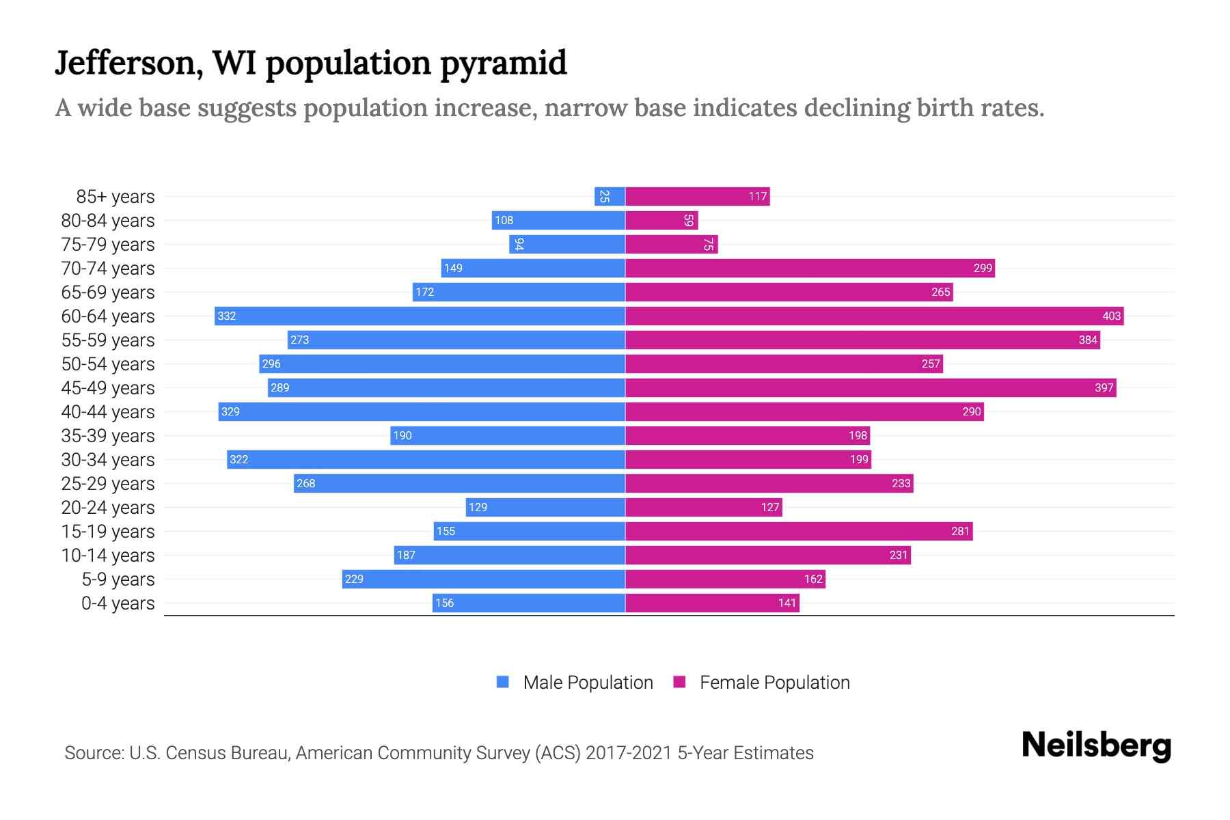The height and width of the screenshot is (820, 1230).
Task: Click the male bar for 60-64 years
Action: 420,316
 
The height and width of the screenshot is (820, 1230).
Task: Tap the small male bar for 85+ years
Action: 610,197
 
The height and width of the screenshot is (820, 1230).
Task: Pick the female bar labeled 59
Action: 661,221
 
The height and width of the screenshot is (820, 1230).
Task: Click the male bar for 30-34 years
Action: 426,459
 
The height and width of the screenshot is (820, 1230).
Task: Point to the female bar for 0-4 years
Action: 712,603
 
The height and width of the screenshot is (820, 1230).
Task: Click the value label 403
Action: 1111,316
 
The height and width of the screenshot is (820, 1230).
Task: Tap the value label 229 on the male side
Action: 354,579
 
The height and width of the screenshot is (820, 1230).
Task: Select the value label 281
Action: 960,531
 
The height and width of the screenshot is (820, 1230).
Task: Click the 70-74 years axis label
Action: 108,269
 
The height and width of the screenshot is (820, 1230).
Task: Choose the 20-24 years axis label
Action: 108,508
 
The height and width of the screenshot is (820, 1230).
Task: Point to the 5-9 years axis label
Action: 118,579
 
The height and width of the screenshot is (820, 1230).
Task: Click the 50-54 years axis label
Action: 108,364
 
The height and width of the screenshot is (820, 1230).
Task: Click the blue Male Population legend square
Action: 503,682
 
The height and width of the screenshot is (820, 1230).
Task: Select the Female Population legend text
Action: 774,683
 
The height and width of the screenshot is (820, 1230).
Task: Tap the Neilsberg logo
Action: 1096,746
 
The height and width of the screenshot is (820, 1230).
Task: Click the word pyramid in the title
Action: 503,64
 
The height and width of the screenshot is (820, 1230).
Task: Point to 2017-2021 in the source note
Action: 629,753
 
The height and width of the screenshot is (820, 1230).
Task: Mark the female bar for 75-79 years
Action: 671,245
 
